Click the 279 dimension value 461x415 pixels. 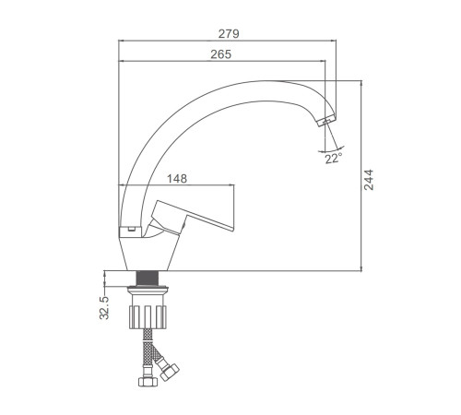(229, 33)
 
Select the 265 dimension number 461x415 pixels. (220, 54)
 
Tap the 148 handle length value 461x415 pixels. (177, 179)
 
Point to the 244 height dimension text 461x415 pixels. (369, 180)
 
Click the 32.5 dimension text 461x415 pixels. (104, 308)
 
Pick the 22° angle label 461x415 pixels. (333, 159)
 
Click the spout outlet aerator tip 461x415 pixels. (325, 120)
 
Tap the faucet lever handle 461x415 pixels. (191, 216)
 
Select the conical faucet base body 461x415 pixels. (147, 254)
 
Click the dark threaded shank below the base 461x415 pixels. (147, 279)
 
